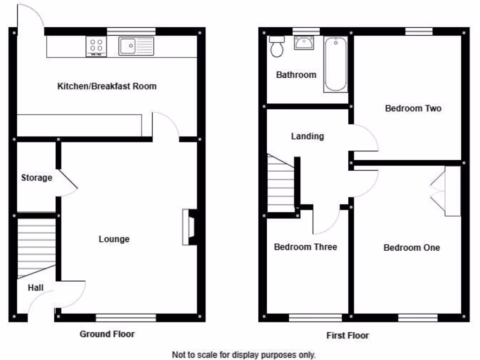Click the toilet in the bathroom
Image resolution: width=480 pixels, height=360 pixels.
[277, 47]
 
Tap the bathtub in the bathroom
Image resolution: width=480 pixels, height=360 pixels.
[335, 65]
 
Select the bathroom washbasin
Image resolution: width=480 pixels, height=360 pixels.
[304, 43]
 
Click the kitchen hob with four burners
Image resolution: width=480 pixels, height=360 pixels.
[97, 47]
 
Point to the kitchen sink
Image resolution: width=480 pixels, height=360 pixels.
[136, 46]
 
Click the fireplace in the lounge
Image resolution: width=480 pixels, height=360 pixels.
[189, 227]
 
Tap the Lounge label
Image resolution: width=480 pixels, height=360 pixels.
[114, 239]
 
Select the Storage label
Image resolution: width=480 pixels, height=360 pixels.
[37, 178]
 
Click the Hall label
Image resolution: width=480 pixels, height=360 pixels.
[36, 287]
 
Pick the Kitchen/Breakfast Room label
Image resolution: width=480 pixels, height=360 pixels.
[107, 86]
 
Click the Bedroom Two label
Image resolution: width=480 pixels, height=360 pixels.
[413, 108]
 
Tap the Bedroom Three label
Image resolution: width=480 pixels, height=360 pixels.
[305, 247]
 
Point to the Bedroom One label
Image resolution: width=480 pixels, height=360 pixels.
[412, 247]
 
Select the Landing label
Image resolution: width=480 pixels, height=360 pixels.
[307, 136]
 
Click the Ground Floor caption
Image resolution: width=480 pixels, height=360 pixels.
[107, 334]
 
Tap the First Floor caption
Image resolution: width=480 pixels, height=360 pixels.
[347, 335]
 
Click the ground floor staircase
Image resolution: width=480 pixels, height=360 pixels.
[37, 246]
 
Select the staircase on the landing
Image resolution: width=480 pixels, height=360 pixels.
[281, 185]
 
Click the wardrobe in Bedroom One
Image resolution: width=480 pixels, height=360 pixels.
[452, 191]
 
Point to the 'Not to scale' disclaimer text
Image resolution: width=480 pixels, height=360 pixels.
[243, 354]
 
